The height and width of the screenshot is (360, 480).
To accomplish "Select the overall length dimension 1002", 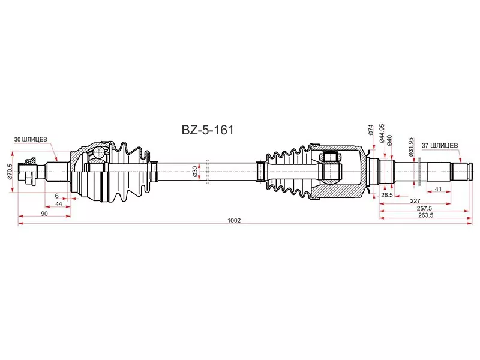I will click(x=234, y=220).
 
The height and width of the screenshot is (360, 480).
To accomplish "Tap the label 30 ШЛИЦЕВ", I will click(x=32, y=140).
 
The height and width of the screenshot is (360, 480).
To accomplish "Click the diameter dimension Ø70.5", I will click(x=10, y=172).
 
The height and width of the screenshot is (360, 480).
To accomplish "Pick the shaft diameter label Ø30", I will click(x=196, y=171).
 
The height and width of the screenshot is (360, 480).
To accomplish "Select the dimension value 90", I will click(x=44, y=214).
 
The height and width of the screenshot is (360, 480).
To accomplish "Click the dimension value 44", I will click(x=59, y=204).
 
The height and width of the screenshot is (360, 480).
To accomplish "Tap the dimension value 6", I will click(x=56, y=196).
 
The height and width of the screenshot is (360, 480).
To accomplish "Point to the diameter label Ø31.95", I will click(x=412, y=146).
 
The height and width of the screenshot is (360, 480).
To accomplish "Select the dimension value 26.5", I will click(x=386, y=195).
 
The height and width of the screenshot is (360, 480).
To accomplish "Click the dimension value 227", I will click(x=415, y=202).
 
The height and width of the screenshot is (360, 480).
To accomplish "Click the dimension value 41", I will click(x=439, y=189).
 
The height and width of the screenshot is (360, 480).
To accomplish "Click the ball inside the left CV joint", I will click(x=97, y=154).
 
